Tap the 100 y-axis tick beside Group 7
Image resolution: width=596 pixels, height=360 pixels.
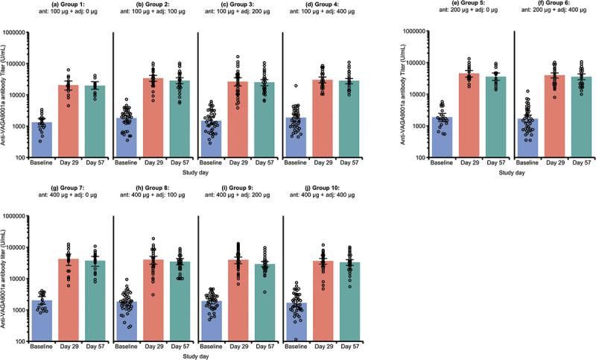[21, 341]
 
